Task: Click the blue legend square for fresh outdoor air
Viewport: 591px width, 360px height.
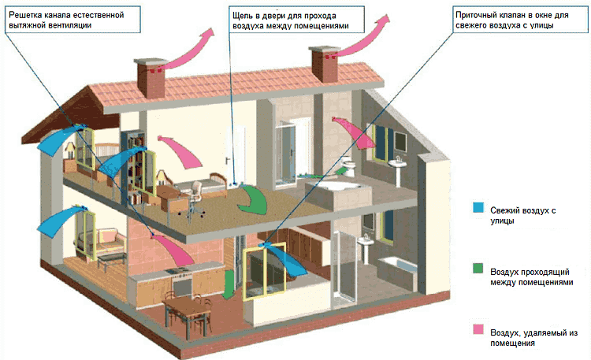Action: tap(478, 207)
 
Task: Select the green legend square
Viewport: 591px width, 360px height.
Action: tap(478, 268)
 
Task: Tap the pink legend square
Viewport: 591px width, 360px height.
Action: tap(478, 328)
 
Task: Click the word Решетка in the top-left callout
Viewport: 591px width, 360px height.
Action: tap(23, 16)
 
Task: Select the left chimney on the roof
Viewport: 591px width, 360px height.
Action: tap(151, 78)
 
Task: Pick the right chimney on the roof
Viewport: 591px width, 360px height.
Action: tap(324, 64)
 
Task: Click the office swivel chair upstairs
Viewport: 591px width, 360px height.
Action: tap(193, 200)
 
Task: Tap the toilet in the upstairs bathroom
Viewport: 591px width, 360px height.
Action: tap(348, 167)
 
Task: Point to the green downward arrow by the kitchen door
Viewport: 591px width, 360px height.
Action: tap(228, 284)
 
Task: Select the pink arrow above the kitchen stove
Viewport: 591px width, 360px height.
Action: tap(173, 249)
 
